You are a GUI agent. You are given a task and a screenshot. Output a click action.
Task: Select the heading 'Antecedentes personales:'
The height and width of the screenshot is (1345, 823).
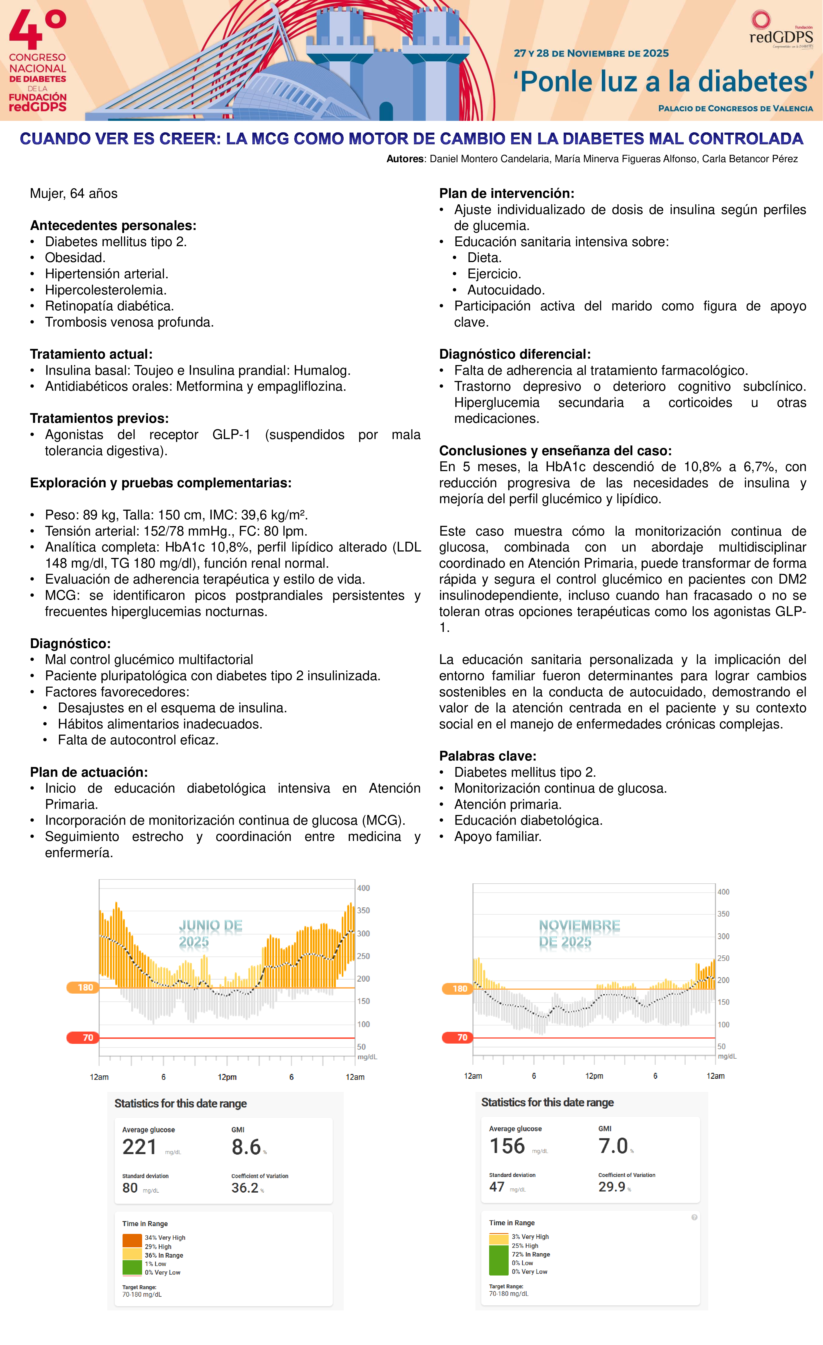[113, 226]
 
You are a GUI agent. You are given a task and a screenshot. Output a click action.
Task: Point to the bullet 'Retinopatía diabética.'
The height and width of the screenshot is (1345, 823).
[109, 306]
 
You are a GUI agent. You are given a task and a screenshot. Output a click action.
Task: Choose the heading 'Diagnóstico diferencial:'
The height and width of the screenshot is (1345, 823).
[515, 354]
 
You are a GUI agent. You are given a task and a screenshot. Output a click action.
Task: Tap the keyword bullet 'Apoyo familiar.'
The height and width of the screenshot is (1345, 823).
[497, 837]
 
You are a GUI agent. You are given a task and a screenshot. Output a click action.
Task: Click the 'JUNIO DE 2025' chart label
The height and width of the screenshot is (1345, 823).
[210, 933]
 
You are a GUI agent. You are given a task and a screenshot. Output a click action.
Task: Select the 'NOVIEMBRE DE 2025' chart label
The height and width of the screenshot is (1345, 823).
[579, 933]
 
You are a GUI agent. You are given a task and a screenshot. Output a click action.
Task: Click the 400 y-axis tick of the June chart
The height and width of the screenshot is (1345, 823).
[363, 888]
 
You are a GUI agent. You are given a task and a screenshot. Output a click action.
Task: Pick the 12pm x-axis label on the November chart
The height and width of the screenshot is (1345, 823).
[594, 1076]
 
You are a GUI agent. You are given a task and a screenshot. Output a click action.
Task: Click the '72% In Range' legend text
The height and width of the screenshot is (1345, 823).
[530, 1254]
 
